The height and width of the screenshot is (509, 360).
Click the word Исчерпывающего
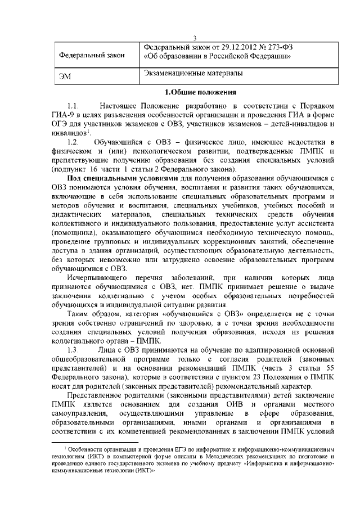click(96, 277)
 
